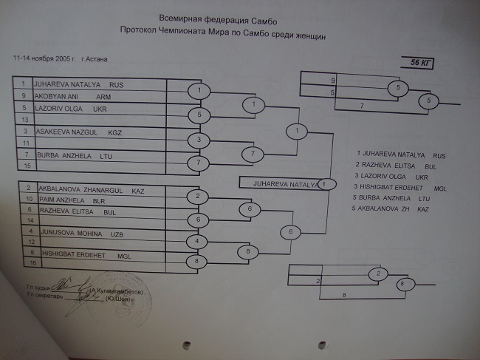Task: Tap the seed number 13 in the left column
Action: pyautogui.click(x=25, y=118)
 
